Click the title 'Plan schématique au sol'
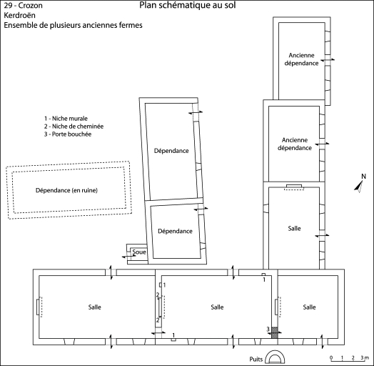point(188,5)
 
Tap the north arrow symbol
point(359,184)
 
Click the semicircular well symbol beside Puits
point(275,357)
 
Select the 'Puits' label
point(256,359)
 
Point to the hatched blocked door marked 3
point(275,332)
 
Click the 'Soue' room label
point(139,252)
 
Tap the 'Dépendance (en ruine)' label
point(66,190)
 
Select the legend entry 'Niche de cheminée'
point(74,126)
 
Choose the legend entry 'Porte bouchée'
point(68,134)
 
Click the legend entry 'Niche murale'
point(66,118)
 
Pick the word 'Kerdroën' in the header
point(19,15)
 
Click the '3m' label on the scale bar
point(365,357)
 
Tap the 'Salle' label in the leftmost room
point(95,307)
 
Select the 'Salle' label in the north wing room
point(294,228)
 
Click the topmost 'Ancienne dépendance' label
point(301,59)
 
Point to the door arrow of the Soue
point(128,257)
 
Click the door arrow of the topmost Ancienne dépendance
point(328,60)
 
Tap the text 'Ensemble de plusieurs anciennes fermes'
point(73,25)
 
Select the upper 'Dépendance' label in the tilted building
point(171,151)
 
